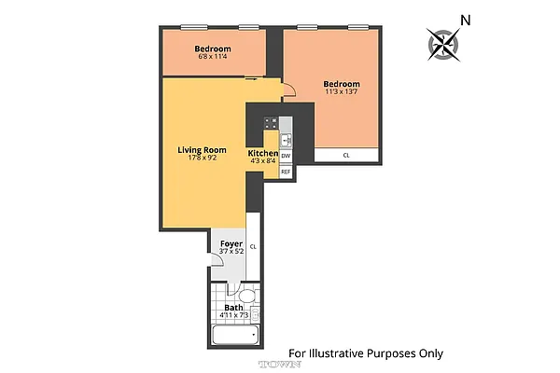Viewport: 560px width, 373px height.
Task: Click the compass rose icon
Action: click(444, 43)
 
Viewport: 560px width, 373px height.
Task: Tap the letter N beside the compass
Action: click(466, 20)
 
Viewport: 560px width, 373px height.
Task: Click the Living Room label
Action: click(203, 149)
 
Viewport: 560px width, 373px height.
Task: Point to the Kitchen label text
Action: click(262, 153)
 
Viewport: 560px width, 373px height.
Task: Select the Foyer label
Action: click(231, 244)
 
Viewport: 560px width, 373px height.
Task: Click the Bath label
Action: click(232, 308)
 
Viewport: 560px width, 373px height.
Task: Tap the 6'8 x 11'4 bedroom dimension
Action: click(214, 57)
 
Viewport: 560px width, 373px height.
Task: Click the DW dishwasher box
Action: click(286, 156)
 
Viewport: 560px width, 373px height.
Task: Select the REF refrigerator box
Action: click(286, 172)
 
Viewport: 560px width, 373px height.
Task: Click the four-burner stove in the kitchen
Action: click(270, 121)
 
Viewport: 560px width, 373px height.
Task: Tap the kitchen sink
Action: click(287, 139)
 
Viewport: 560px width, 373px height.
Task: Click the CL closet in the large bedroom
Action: click(346, 156)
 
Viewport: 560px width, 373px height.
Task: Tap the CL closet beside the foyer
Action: click(253, 247)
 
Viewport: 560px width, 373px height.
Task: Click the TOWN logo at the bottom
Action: click(276, 364)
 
